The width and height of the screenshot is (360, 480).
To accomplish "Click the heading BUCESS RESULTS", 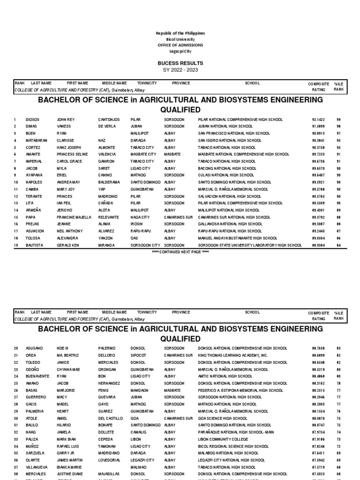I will (180, 63).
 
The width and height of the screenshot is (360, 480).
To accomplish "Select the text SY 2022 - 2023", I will (180, 69).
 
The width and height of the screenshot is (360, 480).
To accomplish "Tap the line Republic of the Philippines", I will (180, 33).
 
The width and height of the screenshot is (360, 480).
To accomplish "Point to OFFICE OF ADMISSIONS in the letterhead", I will (180, 45).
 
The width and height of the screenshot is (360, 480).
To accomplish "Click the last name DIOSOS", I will (33, 120).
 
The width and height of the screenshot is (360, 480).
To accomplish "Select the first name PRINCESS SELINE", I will (72, 154).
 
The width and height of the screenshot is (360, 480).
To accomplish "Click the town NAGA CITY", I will (140, 217).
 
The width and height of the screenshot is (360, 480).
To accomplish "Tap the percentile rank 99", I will (338, 120).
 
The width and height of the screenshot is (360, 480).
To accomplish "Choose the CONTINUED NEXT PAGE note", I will (180, 252).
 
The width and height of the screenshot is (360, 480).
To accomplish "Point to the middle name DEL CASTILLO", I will (110, 418).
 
